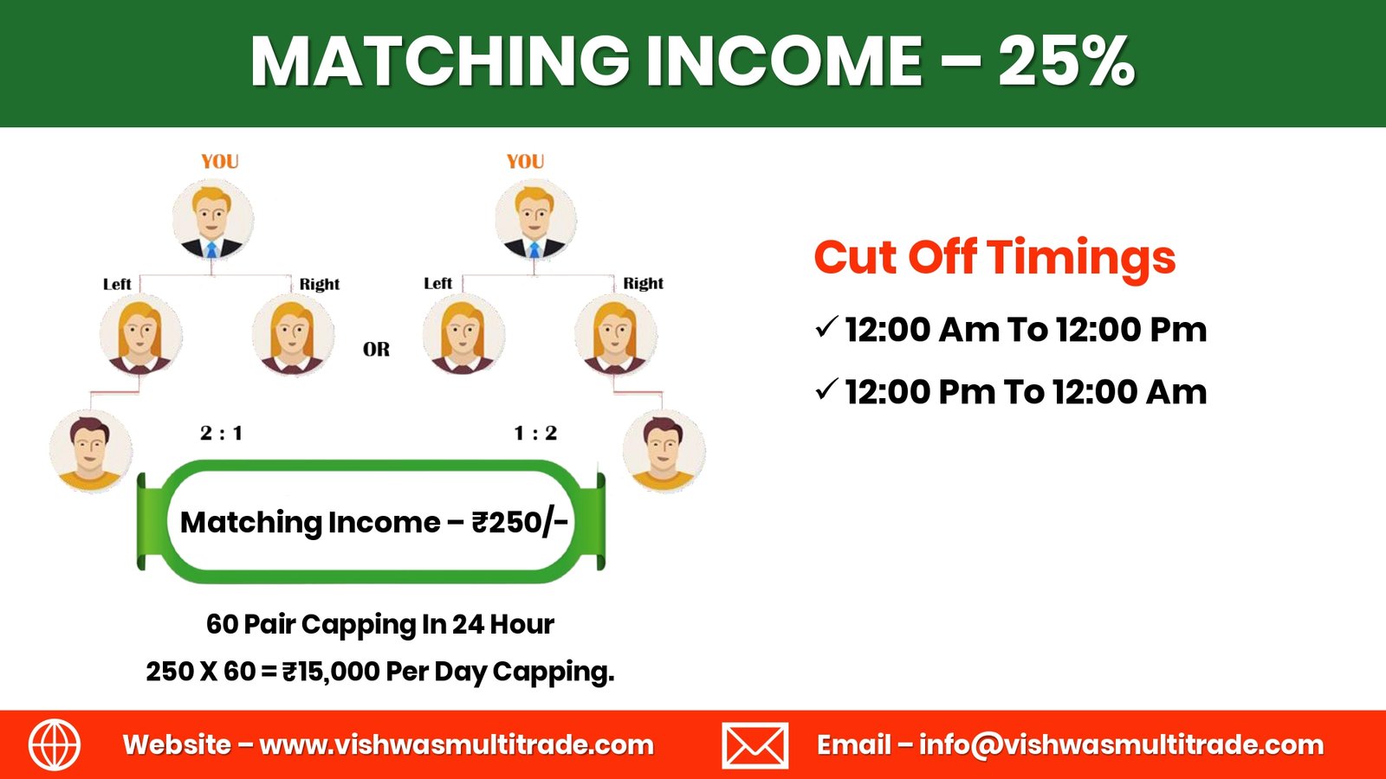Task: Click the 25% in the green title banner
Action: point(1066,61)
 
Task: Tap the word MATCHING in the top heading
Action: point(440,61)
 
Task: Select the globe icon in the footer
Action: point(55,744)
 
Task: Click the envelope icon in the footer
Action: point(755,745)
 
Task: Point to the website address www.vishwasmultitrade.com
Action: point(457,745)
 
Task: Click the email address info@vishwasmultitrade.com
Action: point(1121,745)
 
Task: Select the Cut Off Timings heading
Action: point(995,257)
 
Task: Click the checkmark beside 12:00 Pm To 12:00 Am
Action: point(826,389)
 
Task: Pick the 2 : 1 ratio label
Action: point(222,433)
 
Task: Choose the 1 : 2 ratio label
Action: point(536,433)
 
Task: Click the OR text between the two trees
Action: point(376,350)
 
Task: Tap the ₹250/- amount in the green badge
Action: point(520,523)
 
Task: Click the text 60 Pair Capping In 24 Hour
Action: point(380,624)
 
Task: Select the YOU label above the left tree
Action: point(220,161)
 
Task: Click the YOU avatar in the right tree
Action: point(536,220)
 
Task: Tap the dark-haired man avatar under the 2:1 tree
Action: point(91,451)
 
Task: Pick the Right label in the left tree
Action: point(320,284)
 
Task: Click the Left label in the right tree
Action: point(438,283)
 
